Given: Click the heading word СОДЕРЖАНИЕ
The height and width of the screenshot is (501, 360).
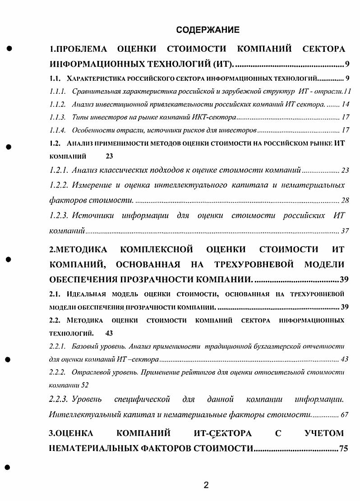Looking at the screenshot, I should point(208,30).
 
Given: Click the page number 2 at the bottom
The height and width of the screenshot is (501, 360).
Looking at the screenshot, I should point(206,486).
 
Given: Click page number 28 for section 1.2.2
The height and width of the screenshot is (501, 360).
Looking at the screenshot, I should point(345,200).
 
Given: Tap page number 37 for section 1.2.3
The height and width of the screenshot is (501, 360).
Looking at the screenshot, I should point(345,231).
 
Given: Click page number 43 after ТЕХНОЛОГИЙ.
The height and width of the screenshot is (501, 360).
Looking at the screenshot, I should point(109,334).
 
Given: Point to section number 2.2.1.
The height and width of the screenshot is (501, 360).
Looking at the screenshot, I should point(57,347).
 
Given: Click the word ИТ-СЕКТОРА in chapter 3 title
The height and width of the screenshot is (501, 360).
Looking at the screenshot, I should point(220,434).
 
